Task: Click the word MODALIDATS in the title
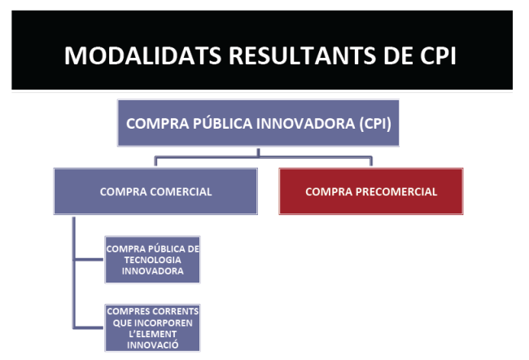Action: point(142,55)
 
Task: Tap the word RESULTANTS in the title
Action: point(302,55)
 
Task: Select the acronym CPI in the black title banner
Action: point(438,55)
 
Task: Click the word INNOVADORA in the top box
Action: point(305,123)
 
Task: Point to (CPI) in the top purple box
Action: point(375,124)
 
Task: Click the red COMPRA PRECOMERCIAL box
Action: point(371,191)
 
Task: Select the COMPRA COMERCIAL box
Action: point(155,191)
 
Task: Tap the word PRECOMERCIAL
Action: point(396,191)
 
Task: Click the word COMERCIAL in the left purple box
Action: point(181,191)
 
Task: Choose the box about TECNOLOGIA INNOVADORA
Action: point(152,260)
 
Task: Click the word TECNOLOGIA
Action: point(152,260)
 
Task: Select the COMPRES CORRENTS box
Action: point(152,328)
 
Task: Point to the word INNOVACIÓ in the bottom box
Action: point(152,345)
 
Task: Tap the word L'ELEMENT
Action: point(152,334)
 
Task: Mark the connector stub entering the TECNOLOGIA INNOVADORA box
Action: point(89,260)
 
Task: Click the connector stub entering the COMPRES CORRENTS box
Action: point(89,327)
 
